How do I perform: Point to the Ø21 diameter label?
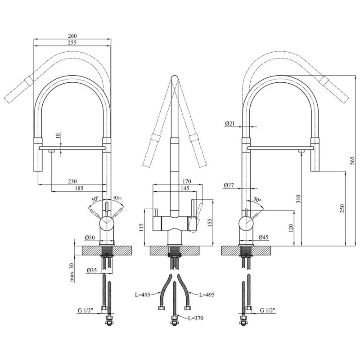[229, 123]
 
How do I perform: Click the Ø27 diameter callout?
[229, 185]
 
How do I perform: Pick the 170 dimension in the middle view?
[187, 181]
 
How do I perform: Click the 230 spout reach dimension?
[72, 181]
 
